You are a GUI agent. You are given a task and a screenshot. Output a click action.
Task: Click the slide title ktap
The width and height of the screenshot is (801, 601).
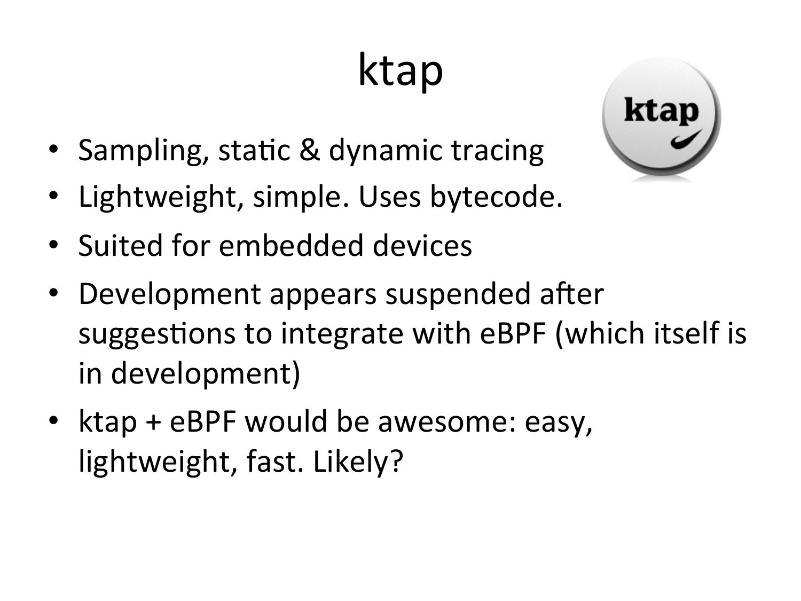pyautogui.click(x=400, y=71)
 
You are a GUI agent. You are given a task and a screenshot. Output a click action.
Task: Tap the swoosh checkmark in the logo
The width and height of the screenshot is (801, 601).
pyautogui.click(x=686, y=139)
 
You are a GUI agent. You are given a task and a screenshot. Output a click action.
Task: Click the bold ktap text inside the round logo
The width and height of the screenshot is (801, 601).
pyautogui.click(x=661, y=111)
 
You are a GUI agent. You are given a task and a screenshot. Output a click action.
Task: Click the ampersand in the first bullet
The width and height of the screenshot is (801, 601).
pyautogui.click(x=309, y=150)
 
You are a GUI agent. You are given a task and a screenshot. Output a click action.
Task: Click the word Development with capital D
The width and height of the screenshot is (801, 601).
pyautogui.click(x=170, y=294)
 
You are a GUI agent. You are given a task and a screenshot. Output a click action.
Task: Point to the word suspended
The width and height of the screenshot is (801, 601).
pyautogui.click(x=458, y=294)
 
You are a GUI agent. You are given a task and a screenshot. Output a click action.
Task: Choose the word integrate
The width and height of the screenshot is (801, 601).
pyautogui.click(x=342, y=334)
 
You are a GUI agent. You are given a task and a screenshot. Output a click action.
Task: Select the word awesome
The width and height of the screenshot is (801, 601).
pyautogui.click(x=446, y=422)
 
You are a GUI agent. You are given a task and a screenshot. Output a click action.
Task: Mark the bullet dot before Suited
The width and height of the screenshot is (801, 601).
pyautogui.click(x=53, y=245)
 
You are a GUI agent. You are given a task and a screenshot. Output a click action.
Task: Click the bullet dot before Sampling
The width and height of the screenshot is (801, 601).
pyautogui.click(x=53, y=149)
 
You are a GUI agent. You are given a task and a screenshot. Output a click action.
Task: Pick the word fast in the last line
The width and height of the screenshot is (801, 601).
pyautogui.click(x=274, y=461)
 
